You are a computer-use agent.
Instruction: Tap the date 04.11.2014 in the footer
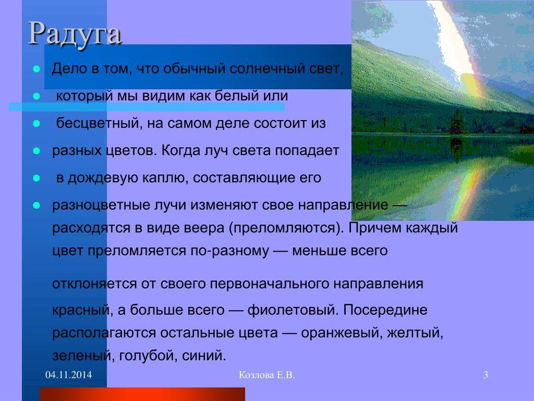[x=68, y=375]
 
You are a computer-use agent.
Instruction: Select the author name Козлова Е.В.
[x=266, y=375]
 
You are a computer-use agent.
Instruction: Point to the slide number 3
[x=486, y=375]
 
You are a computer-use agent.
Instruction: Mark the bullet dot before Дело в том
[x=37, y=69]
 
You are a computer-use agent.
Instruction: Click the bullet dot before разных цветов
[x=37, y=151]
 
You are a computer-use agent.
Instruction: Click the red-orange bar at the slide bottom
[x=142, y=394]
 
